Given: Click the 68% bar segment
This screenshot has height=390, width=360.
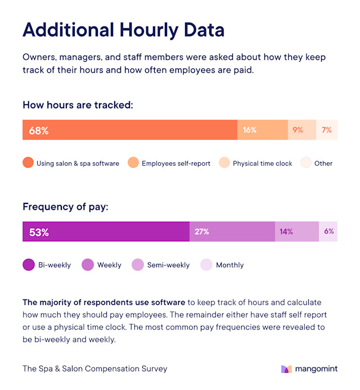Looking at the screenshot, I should point(129,130).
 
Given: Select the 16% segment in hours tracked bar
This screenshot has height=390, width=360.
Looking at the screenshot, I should point(262,130).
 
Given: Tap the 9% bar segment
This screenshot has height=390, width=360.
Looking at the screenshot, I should point(301,130).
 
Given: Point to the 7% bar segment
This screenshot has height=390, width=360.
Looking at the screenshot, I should point(326,130).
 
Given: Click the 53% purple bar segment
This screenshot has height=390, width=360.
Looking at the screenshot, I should point(106,232).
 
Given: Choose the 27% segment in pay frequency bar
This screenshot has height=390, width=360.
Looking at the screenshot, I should point(232,232).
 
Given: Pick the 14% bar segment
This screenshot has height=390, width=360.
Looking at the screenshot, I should point(296,232).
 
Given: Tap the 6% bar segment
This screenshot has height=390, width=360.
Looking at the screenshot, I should point(328,232).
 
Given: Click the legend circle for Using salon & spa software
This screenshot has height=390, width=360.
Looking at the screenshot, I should point(28,163).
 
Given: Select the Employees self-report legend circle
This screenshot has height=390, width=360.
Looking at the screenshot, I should point(133,163).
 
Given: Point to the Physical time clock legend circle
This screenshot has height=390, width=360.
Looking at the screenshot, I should point(224,163).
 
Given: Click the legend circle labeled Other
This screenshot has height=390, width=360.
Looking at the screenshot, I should point(305,163).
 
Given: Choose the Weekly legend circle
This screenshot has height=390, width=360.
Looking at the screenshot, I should point(87,265).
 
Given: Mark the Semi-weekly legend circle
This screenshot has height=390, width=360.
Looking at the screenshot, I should point(137,265).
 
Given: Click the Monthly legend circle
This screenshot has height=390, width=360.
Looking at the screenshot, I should point(206,265).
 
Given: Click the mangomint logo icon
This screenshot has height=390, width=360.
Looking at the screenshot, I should point(286,369).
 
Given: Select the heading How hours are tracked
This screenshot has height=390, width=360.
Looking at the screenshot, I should point(78,105).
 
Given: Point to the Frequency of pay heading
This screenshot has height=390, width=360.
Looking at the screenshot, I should point(65,206).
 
